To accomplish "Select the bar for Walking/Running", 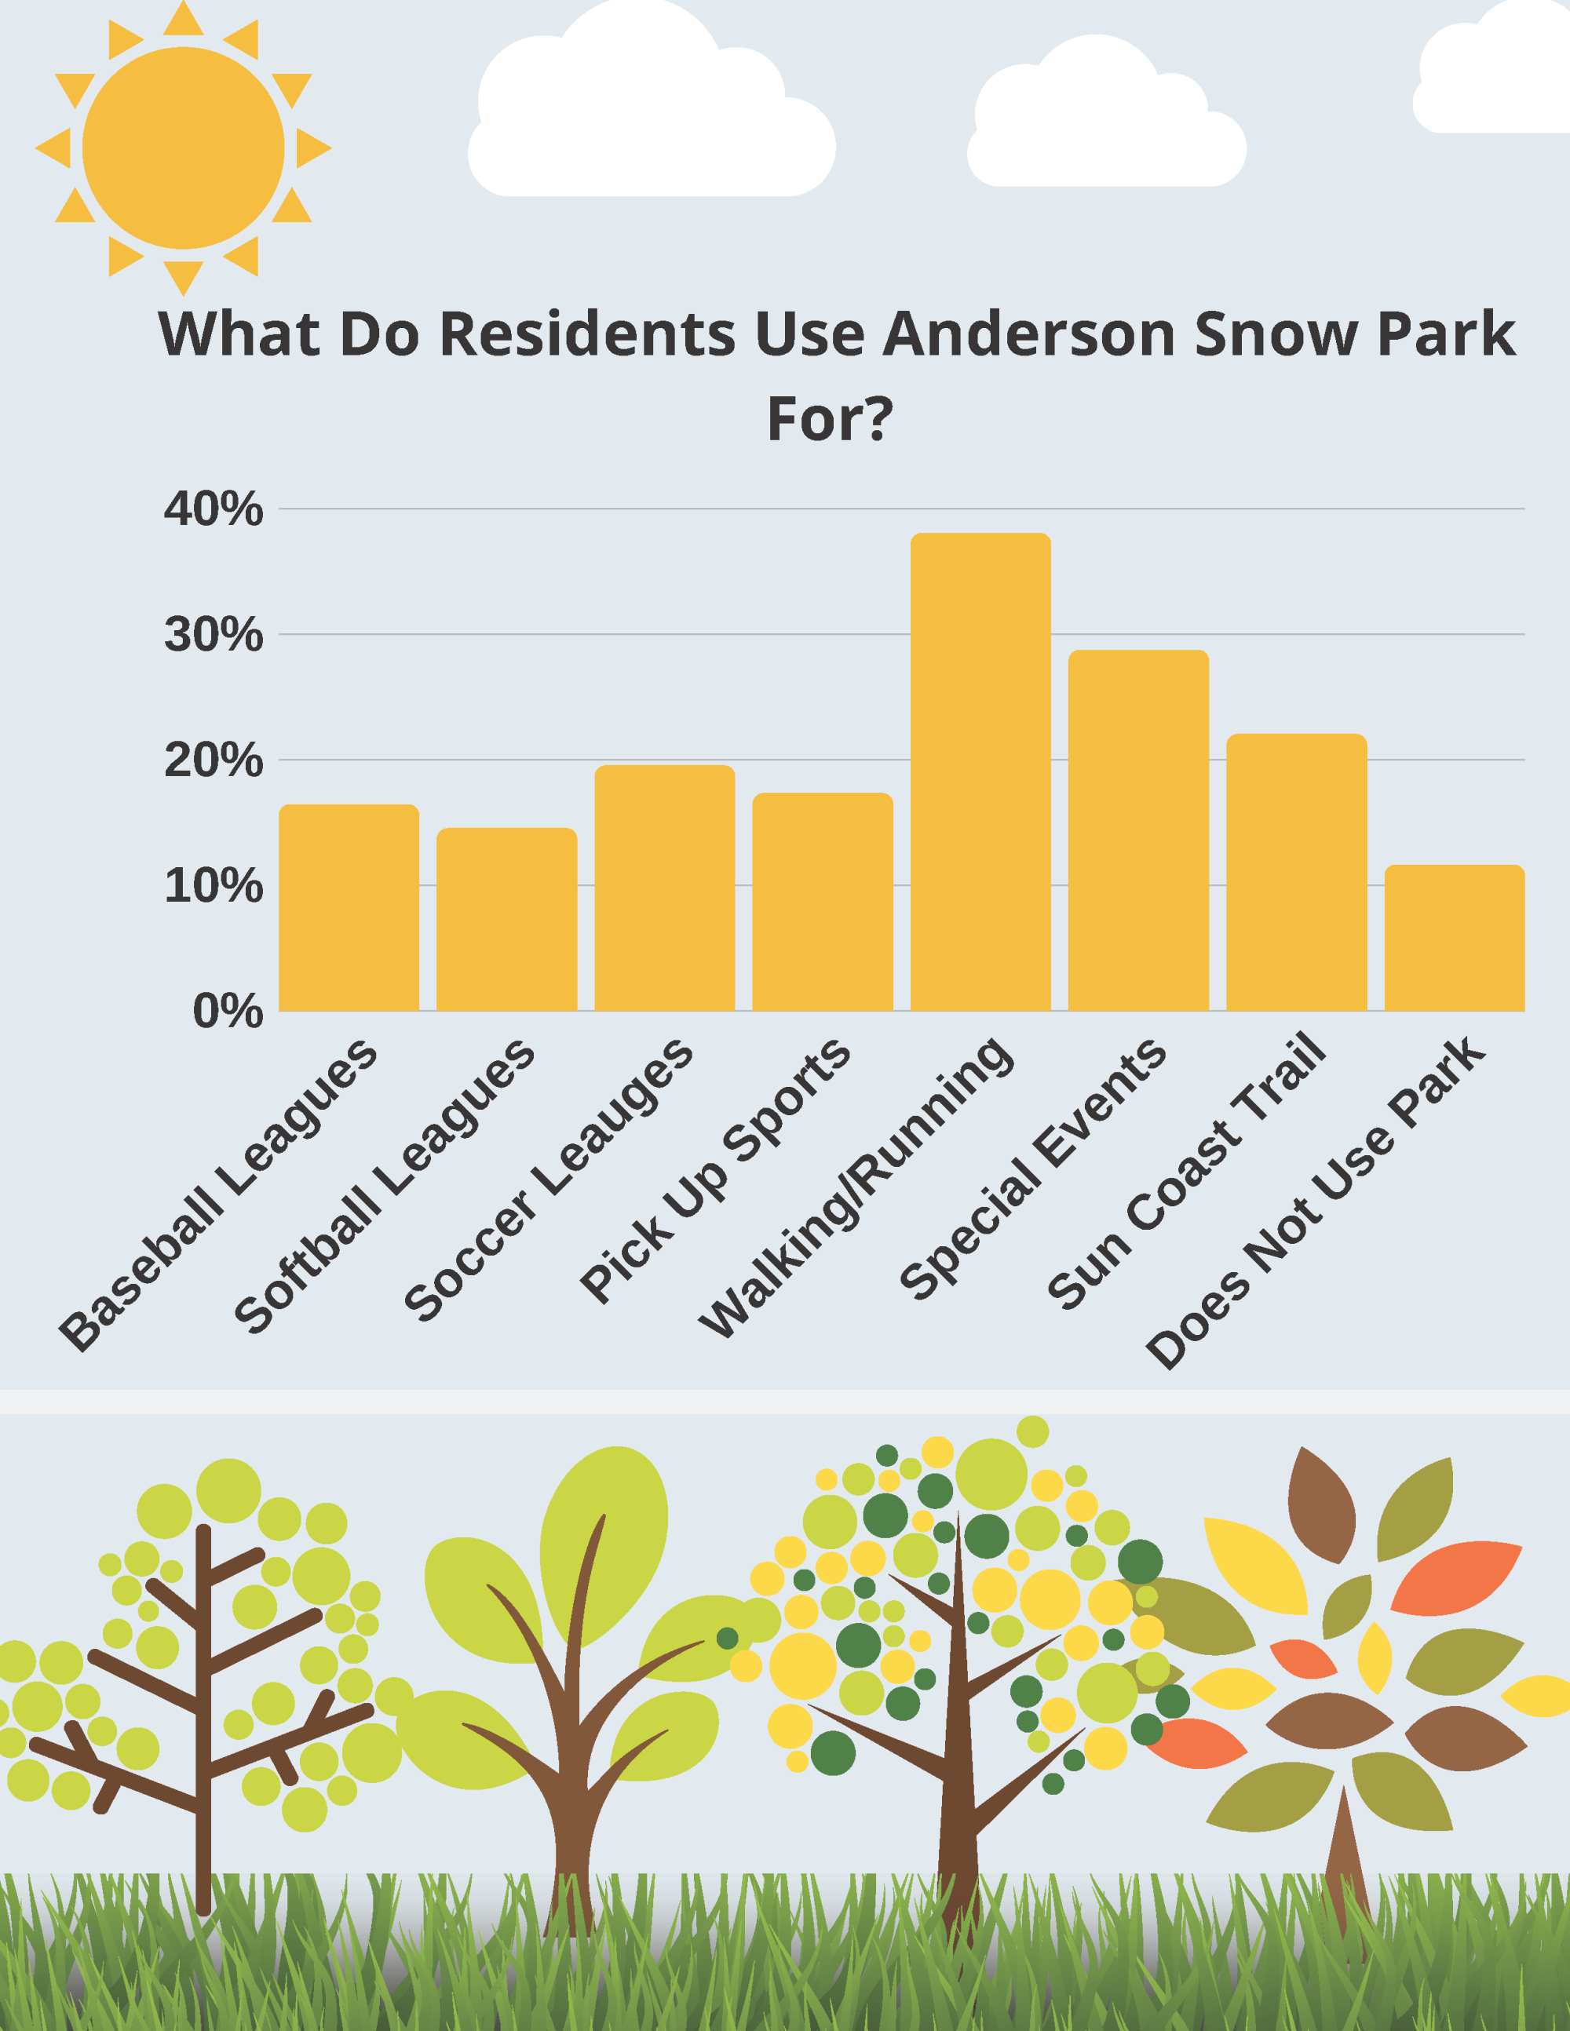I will (980, 772).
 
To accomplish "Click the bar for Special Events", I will (1138, 830).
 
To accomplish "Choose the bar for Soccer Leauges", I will (665, 888).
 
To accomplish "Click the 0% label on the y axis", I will (227, 1011).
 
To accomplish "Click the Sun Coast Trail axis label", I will (1186, 1172).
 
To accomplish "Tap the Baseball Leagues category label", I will (218, 1195).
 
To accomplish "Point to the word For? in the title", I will (830, 418).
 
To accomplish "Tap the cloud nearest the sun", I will (651, 111).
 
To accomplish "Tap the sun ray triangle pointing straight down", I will (183, 275).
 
